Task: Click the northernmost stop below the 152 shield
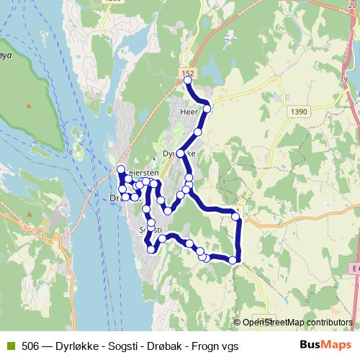[188, 81]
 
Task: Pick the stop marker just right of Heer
[207, 109]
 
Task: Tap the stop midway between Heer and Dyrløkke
[197, 132]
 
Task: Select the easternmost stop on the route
[235, 216]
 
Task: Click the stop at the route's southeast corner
[233, 259]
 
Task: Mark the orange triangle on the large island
[28, 106]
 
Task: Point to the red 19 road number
[344, 78]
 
